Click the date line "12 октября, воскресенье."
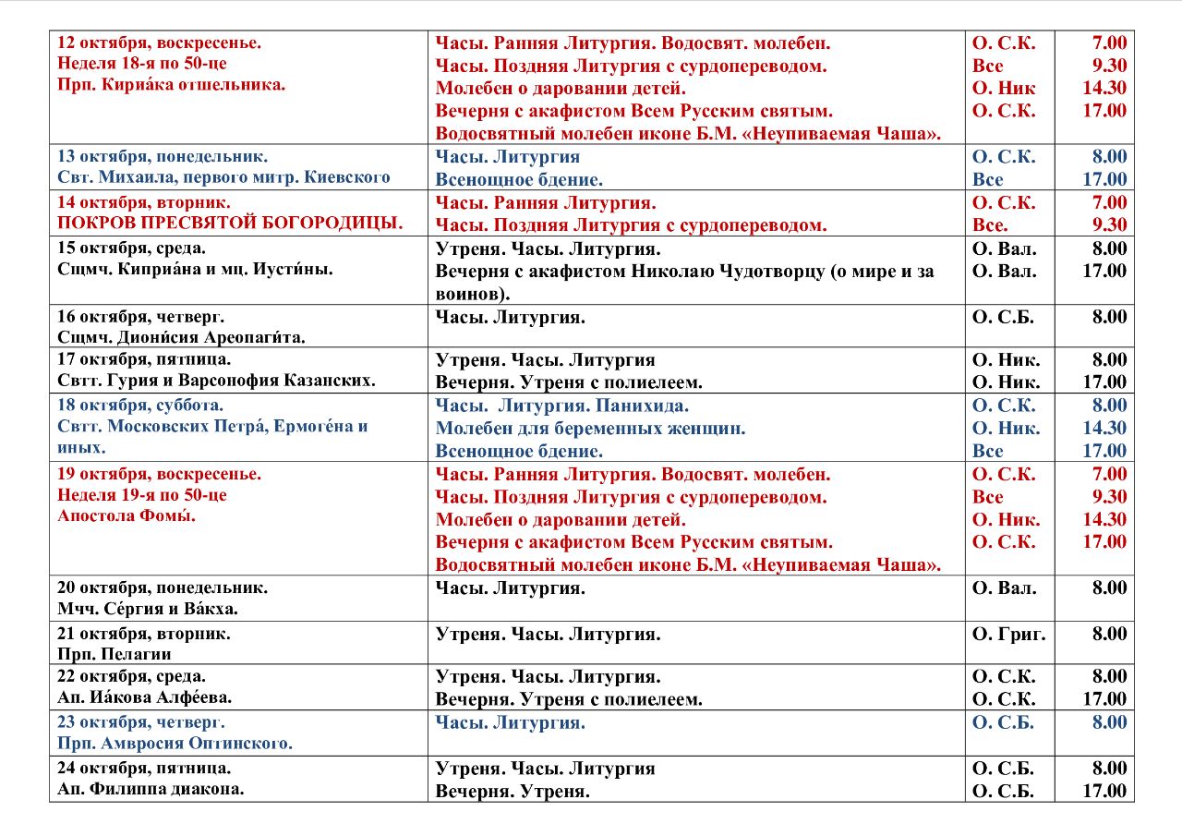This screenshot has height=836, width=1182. coord(160,42)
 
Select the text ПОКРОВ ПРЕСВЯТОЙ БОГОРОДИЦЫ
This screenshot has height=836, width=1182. coord(230,223)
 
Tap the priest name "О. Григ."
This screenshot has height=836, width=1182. coord(1009,634)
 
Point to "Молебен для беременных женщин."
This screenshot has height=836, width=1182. coord(590,428)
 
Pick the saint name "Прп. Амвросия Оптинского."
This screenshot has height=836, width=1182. coord(175,743)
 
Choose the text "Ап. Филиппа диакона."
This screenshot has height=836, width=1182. coord(151,789)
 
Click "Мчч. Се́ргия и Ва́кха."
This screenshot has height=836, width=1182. coord(148,608)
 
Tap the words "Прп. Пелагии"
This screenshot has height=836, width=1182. coord(115,654)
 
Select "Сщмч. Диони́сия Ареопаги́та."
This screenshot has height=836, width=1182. coord(181,337)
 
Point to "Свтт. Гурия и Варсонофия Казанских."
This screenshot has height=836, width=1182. coord(216,380)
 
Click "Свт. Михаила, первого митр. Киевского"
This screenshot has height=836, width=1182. coord(223,176)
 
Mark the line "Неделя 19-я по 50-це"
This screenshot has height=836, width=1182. coord(142,495)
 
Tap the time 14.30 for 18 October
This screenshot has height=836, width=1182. coord(1104,428)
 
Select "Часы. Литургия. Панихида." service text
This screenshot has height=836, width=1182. coord(562,406)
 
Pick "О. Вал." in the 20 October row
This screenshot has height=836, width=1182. coord(1005,588)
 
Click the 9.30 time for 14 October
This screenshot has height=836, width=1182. coord(1109,224)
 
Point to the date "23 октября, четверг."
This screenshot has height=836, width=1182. coord(141,722)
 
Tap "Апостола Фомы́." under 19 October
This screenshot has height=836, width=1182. coord(127,516)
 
